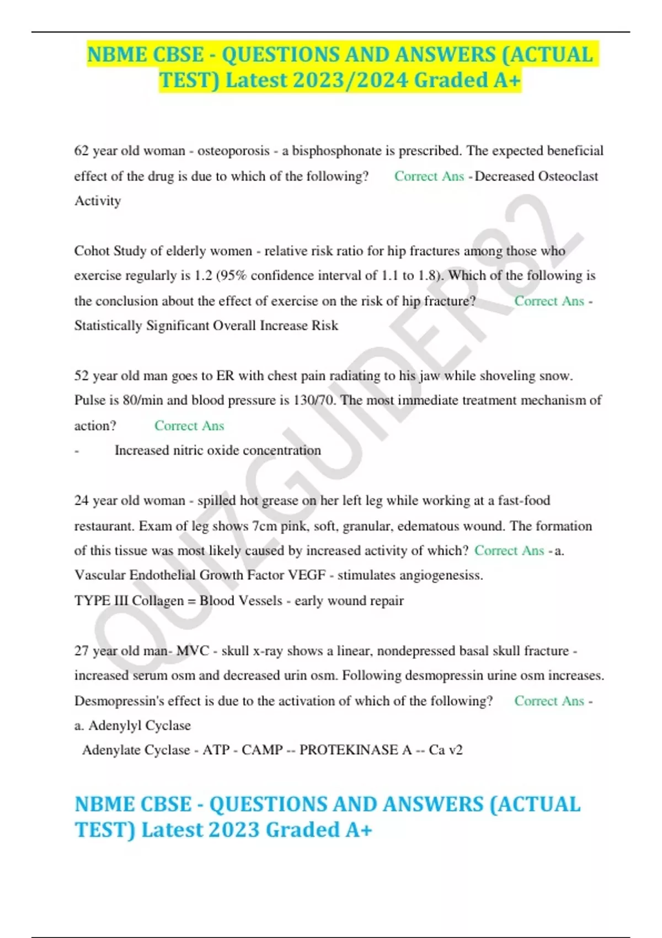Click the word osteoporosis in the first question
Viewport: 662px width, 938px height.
[x=233, y=151]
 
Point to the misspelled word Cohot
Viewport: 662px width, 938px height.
[x=92, y=251]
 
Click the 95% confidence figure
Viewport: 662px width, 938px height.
[x=232, y=276]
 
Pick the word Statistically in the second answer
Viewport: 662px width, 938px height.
[x=108, y=326]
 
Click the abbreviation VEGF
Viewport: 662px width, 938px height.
[x=307, y=575]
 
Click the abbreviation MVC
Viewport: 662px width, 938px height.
[x=193, y=651]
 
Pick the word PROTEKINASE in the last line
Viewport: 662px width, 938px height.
[x=356, y=750]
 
